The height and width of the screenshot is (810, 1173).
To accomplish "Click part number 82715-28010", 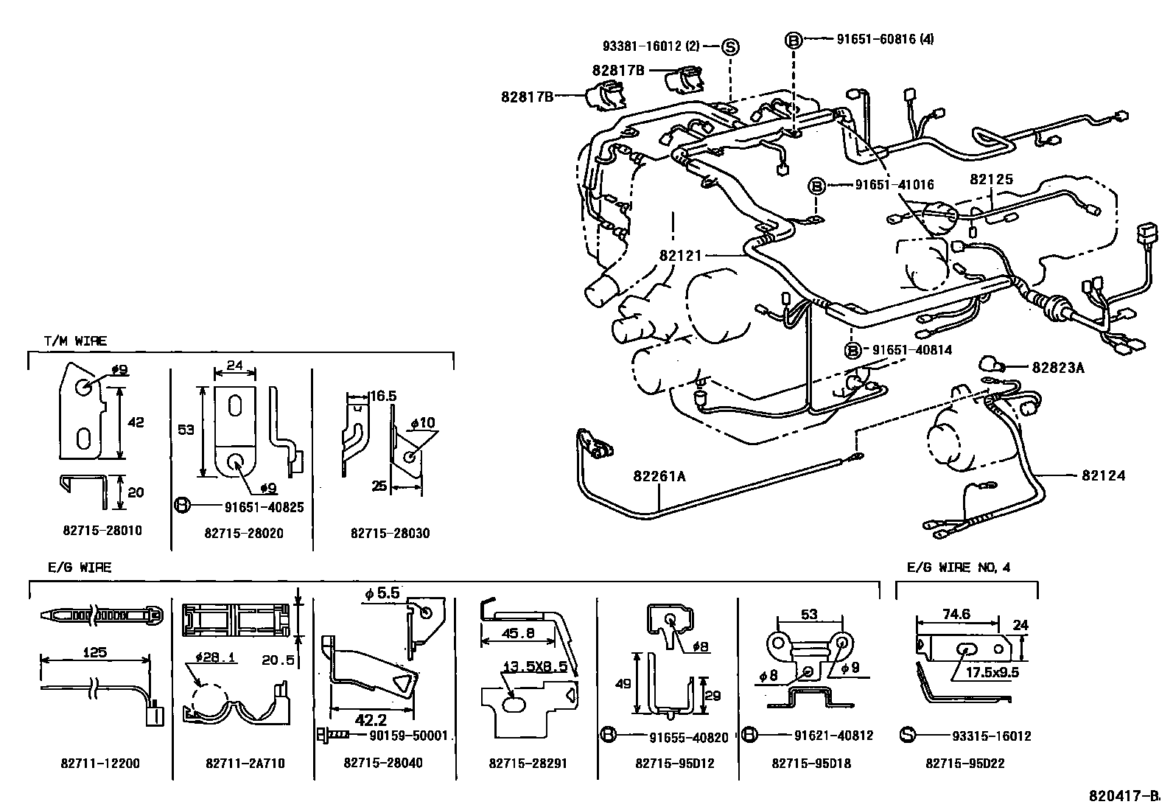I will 102,531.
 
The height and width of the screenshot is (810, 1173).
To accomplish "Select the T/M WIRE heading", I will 75,341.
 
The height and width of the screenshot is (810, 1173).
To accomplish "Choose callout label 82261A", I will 659,477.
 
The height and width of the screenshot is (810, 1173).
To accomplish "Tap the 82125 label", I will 991,179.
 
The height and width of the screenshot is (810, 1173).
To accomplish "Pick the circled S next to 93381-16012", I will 729,46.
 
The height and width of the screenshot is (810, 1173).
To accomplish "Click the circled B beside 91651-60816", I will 794,40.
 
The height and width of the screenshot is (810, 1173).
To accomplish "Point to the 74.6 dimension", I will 956,613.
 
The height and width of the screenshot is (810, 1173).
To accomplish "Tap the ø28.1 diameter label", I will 216,657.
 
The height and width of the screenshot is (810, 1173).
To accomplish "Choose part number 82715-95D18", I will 811,764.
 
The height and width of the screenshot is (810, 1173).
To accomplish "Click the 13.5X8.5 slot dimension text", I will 534,667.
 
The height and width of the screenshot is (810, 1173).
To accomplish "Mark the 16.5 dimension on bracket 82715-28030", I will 382,397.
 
